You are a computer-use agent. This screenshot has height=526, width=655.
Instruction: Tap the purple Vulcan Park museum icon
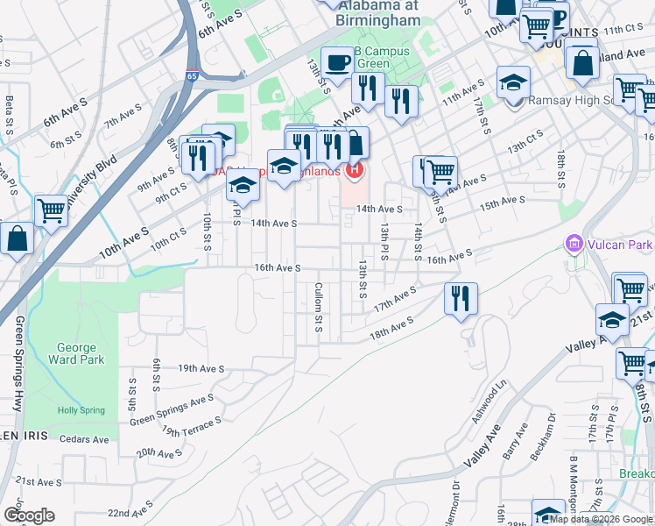(x=574, y=242)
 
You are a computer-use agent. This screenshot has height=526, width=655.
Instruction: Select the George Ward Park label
(x=81, y=353)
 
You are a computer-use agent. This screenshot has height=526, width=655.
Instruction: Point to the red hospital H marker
(x=355, y=169)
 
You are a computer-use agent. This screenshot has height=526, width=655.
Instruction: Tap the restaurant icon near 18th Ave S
(x=460, y=299)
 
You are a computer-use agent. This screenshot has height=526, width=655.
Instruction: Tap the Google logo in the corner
(x=29, y=515)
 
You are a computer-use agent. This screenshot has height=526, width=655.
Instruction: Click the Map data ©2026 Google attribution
(x=602, y=520)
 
